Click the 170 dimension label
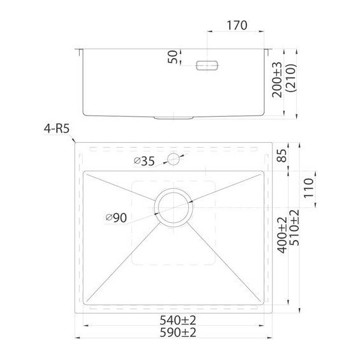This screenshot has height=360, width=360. click(237, 25)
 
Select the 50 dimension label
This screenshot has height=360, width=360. click(173, 57)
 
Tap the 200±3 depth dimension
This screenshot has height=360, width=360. click(277, 80)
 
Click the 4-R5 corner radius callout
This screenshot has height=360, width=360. click(56, 129)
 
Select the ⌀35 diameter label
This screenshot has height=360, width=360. click(144, 161)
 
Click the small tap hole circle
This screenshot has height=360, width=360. click(173, 159)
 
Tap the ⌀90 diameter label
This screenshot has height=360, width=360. click(116, 217)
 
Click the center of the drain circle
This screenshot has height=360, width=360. click(173, 208)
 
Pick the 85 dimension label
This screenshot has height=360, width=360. click(282, 155)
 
